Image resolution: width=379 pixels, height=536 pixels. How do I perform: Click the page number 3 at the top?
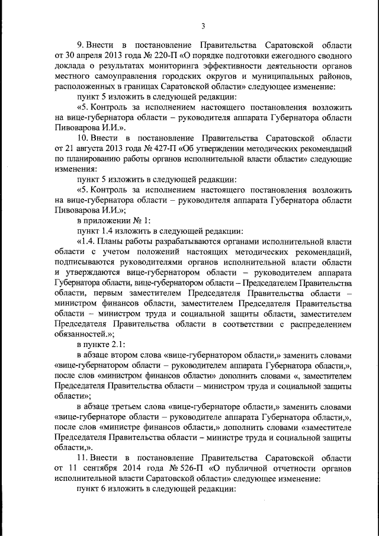click(x=203, y=25)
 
